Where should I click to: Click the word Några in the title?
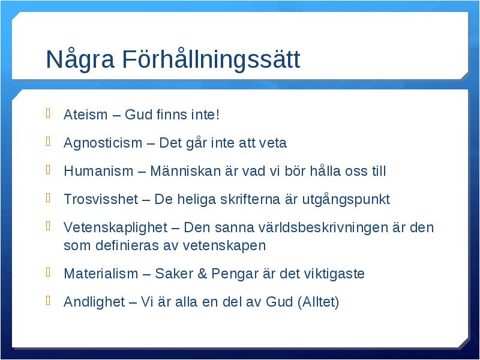point(80,59)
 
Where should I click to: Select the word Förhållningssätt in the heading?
point(211,59)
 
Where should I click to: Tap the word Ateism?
point(86,115)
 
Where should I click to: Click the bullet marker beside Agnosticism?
point(48,142)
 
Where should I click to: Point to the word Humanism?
point(98,171)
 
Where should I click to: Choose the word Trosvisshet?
point(101,199)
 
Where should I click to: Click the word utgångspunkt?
point(346,200)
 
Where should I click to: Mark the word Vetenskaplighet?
point(115,228)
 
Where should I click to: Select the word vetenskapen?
point(224,245)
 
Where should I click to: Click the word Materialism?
point(101,274)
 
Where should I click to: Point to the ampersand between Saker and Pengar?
point(202,274)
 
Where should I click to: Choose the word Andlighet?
point(94,302)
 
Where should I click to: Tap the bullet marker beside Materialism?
point(48,272)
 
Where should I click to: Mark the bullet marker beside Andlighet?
point(48,301)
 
